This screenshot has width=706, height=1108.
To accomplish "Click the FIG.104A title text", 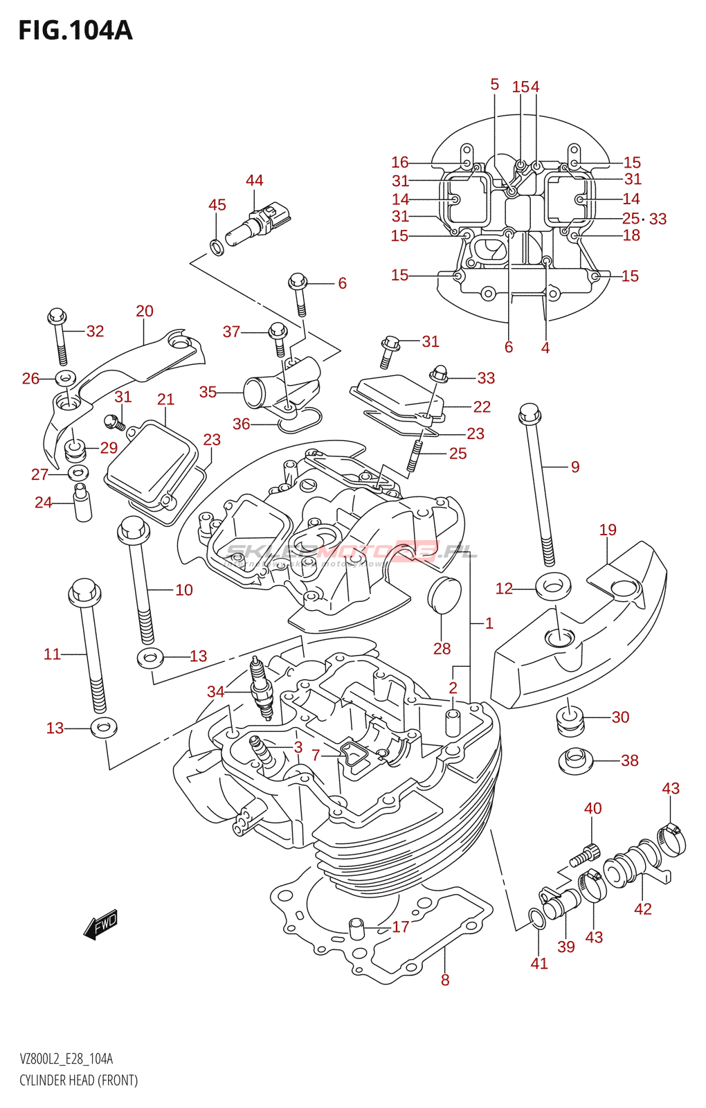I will [x=75, y=30].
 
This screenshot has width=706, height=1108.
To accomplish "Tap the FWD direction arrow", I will [x=101, y=924].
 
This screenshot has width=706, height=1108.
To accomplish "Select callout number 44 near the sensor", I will [x=254, y=181].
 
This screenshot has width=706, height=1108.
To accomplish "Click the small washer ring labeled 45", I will [x=216, y=246].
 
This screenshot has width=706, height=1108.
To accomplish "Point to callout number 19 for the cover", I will [x=608, y=530].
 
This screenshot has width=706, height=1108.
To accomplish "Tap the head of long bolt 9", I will [x=529, y=413].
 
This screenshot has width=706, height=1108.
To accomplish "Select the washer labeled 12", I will [x=553, y=587].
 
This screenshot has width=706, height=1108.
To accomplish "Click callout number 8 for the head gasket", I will [x=445, y=980].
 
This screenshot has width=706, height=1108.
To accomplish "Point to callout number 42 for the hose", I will [x=643, y=909].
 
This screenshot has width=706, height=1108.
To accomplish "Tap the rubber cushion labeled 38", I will [x=575, y=761].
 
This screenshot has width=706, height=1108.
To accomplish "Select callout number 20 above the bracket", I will [x=145, y=312].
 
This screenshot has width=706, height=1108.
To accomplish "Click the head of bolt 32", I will [x=57, y=316].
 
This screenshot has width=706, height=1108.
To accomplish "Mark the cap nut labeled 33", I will [x=439, y=374].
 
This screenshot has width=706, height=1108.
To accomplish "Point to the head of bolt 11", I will [x=84, y=593].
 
